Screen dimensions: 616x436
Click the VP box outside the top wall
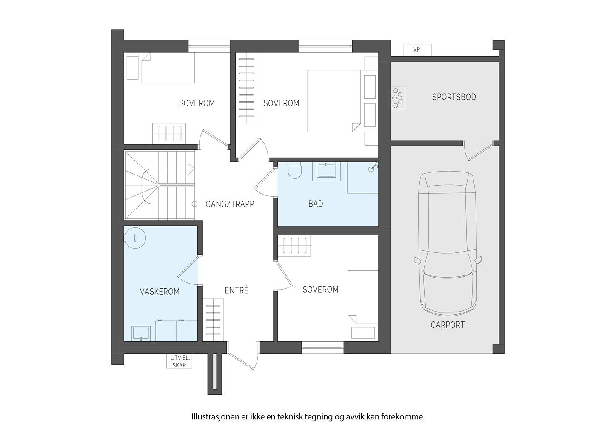point(417,50)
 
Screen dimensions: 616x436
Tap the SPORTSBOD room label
point(454,97)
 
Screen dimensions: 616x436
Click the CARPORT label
point(448,325)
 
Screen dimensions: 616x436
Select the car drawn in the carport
point(448,244)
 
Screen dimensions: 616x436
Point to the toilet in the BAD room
point(294,170)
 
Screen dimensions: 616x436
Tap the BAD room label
point(315,204)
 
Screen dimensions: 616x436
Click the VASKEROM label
point(160,292)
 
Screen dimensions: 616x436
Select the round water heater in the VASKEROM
point(135,238)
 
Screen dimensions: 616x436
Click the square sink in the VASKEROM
point(141,334)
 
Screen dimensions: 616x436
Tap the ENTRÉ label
point(237,290)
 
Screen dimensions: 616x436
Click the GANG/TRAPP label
point(230,204)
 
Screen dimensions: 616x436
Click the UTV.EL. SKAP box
point(179,361)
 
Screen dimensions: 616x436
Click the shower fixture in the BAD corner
point(373,167)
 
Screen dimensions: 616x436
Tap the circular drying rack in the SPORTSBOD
point(398,98)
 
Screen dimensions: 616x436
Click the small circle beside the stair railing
point(194,204)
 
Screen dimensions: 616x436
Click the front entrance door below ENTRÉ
point(242,356)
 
